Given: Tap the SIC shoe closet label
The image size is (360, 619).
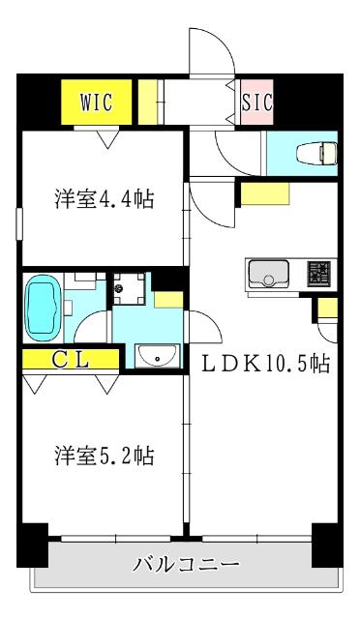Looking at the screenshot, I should (256, 102).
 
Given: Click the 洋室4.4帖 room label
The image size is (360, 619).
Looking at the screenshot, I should (104, 200).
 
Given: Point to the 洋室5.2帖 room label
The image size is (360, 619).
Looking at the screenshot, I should (104, 455).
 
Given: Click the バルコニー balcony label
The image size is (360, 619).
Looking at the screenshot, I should (186, 564).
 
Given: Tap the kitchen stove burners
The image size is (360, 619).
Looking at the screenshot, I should (320, 275).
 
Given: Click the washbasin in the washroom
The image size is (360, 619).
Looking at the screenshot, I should (155, 357).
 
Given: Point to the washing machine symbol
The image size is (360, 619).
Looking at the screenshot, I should (127, 287).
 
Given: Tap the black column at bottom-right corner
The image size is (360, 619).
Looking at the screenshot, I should (326, 544).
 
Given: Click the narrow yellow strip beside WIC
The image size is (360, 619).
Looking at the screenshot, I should (146, 100).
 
